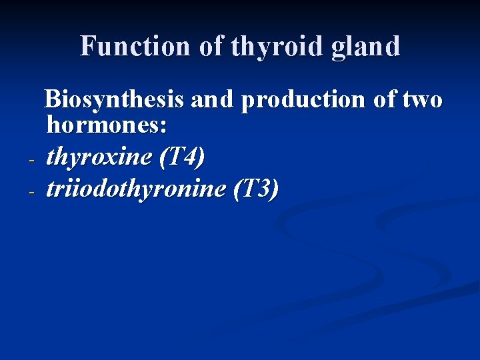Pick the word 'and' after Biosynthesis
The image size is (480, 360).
tap(211, 100)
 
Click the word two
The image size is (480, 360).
tap(424, 100)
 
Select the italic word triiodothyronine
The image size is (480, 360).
tap(136, 189)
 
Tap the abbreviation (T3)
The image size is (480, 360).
tap(256, 189)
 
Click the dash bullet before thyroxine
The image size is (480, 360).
tap(31, 161)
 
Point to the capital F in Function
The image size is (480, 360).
tap(88, 47)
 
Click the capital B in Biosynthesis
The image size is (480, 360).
tap(52, 100)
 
